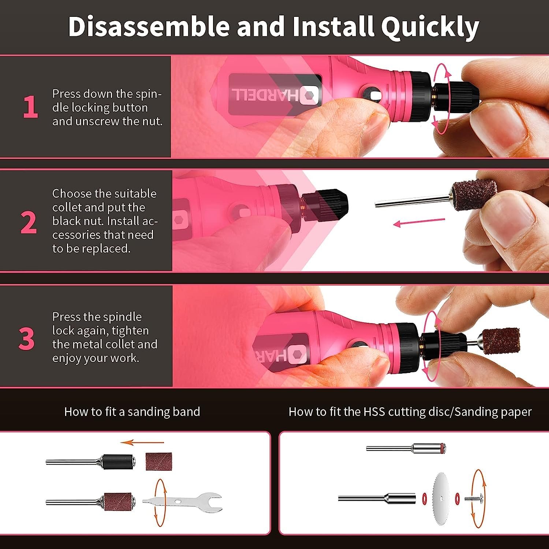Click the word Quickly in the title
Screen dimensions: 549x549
[x=430, y=27]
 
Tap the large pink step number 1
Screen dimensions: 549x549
[x=30, y=107]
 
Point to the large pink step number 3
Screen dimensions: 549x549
[x=27, y=339]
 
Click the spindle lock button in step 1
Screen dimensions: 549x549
[x=375, y=96]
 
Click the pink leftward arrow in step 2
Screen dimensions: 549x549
[x=419, y=222]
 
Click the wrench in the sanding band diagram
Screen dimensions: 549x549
[x=182, y=502]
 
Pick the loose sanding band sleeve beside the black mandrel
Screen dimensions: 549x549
[x=158, y=462]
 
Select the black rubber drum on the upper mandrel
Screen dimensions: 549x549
[x=117, y=462]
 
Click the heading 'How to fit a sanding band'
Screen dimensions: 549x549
[x=132, y=412]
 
